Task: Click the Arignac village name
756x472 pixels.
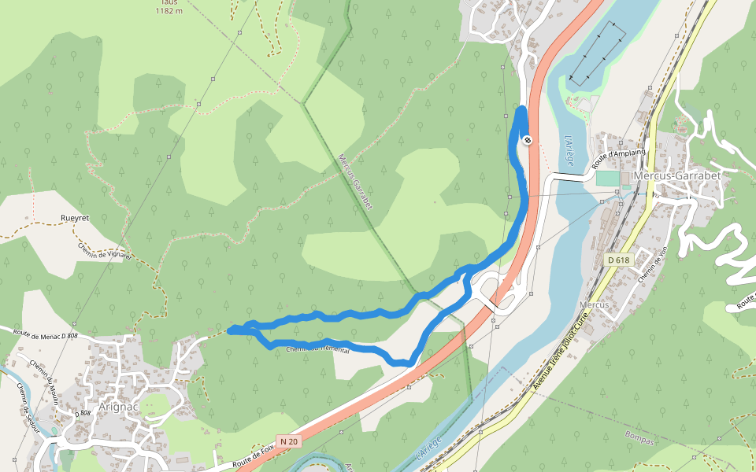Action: (x=119, y=407)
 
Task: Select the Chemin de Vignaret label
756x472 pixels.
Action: (x=105, y=249)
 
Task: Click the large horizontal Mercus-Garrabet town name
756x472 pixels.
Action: (x=677, y=175)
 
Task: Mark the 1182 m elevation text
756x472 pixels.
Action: (x=169, y=10)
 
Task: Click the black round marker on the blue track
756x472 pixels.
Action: (x=528, y=140)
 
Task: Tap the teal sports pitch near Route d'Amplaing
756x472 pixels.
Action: (x=606, y=179)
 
